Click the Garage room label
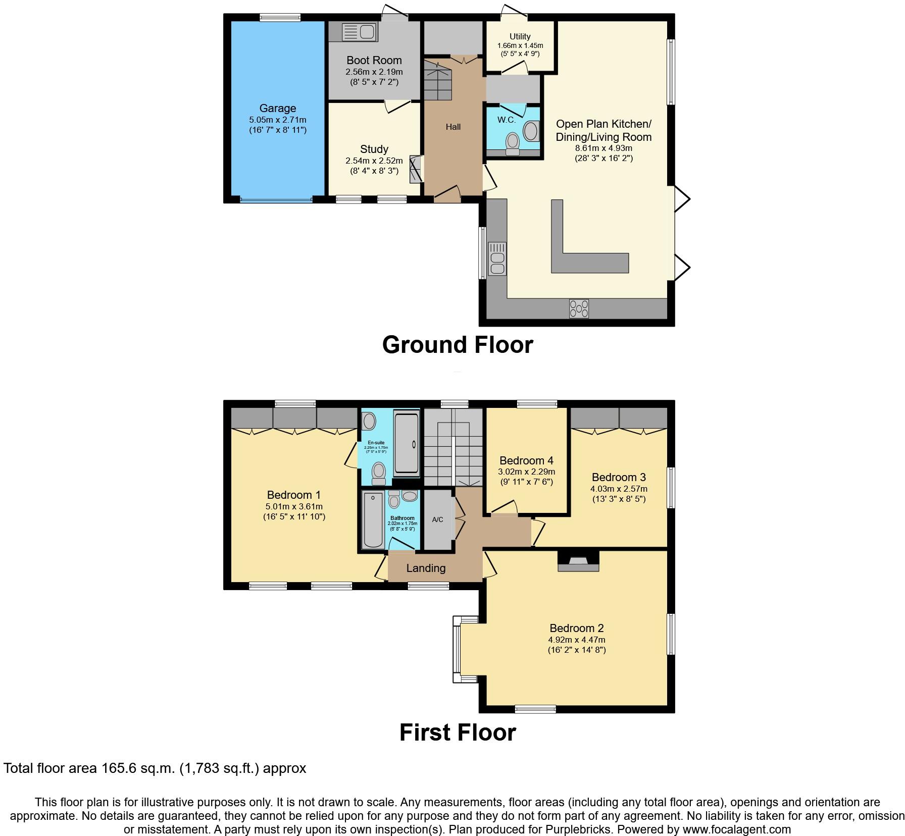tap(277, 109)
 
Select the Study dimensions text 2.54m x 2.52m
tap(374, 161)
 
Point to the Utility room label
tap(520, 36)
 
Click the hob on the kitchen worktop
tap(579, 308)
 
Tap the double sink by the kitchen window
tap(497, 258)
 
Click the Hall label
tap(453, 127)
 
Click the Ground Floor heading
tap(458, 345)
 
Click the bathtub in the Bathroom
tap(373, 520)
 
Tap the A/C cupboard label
tap(437, 519)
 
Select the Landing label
tap(426, 568)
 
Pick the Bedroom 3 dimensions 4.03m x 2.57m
tap(619, 489)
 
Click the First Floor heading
tap(458, 733)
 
